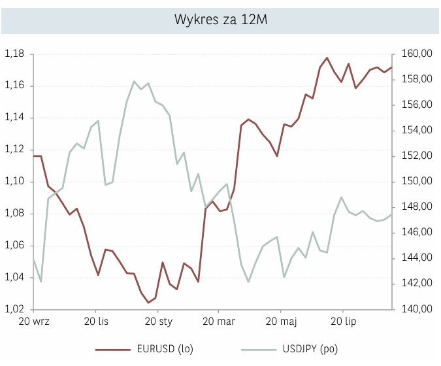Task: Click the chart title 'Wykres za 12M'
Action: tap(220, 19)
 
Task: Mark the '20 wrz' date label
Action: tap(34, 322)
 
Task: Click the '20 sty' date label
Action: tap(158, 322)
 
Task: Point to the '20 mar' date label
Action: tap(220, 322)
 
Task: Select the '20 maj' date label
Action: tap(281, 322)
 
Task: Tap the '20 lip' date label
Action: tap(343, 322)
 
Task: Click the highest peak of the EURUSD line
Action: tap(327, 58)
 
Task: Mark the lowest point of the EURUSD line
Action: tap(148, 303)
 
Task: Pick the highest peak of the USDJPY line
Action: tap(135, 82)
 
